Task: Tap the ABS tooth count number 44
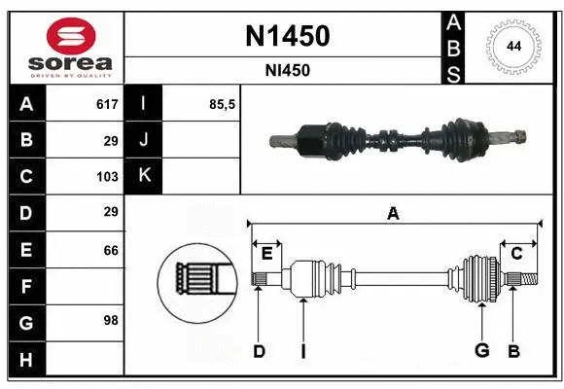(511, 47)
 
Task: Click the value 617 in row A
(107, 104)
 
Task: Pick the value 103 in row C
(107, 177)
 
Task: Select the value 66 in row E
(110, 250)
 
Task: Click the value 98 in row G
(110, 320)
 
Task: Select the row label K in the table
(144, 176)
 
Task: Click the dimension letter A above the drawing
(393, 213)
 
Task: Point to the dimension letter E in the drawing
(266, 254)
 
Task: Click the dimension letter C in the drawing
(517, 254)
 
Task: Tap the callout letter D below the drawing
(259, 351)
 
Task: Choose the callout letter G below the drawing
(480, 351)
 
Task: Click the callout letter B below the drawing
(514, 351)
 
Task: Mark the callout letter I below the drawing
(302, 351)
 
